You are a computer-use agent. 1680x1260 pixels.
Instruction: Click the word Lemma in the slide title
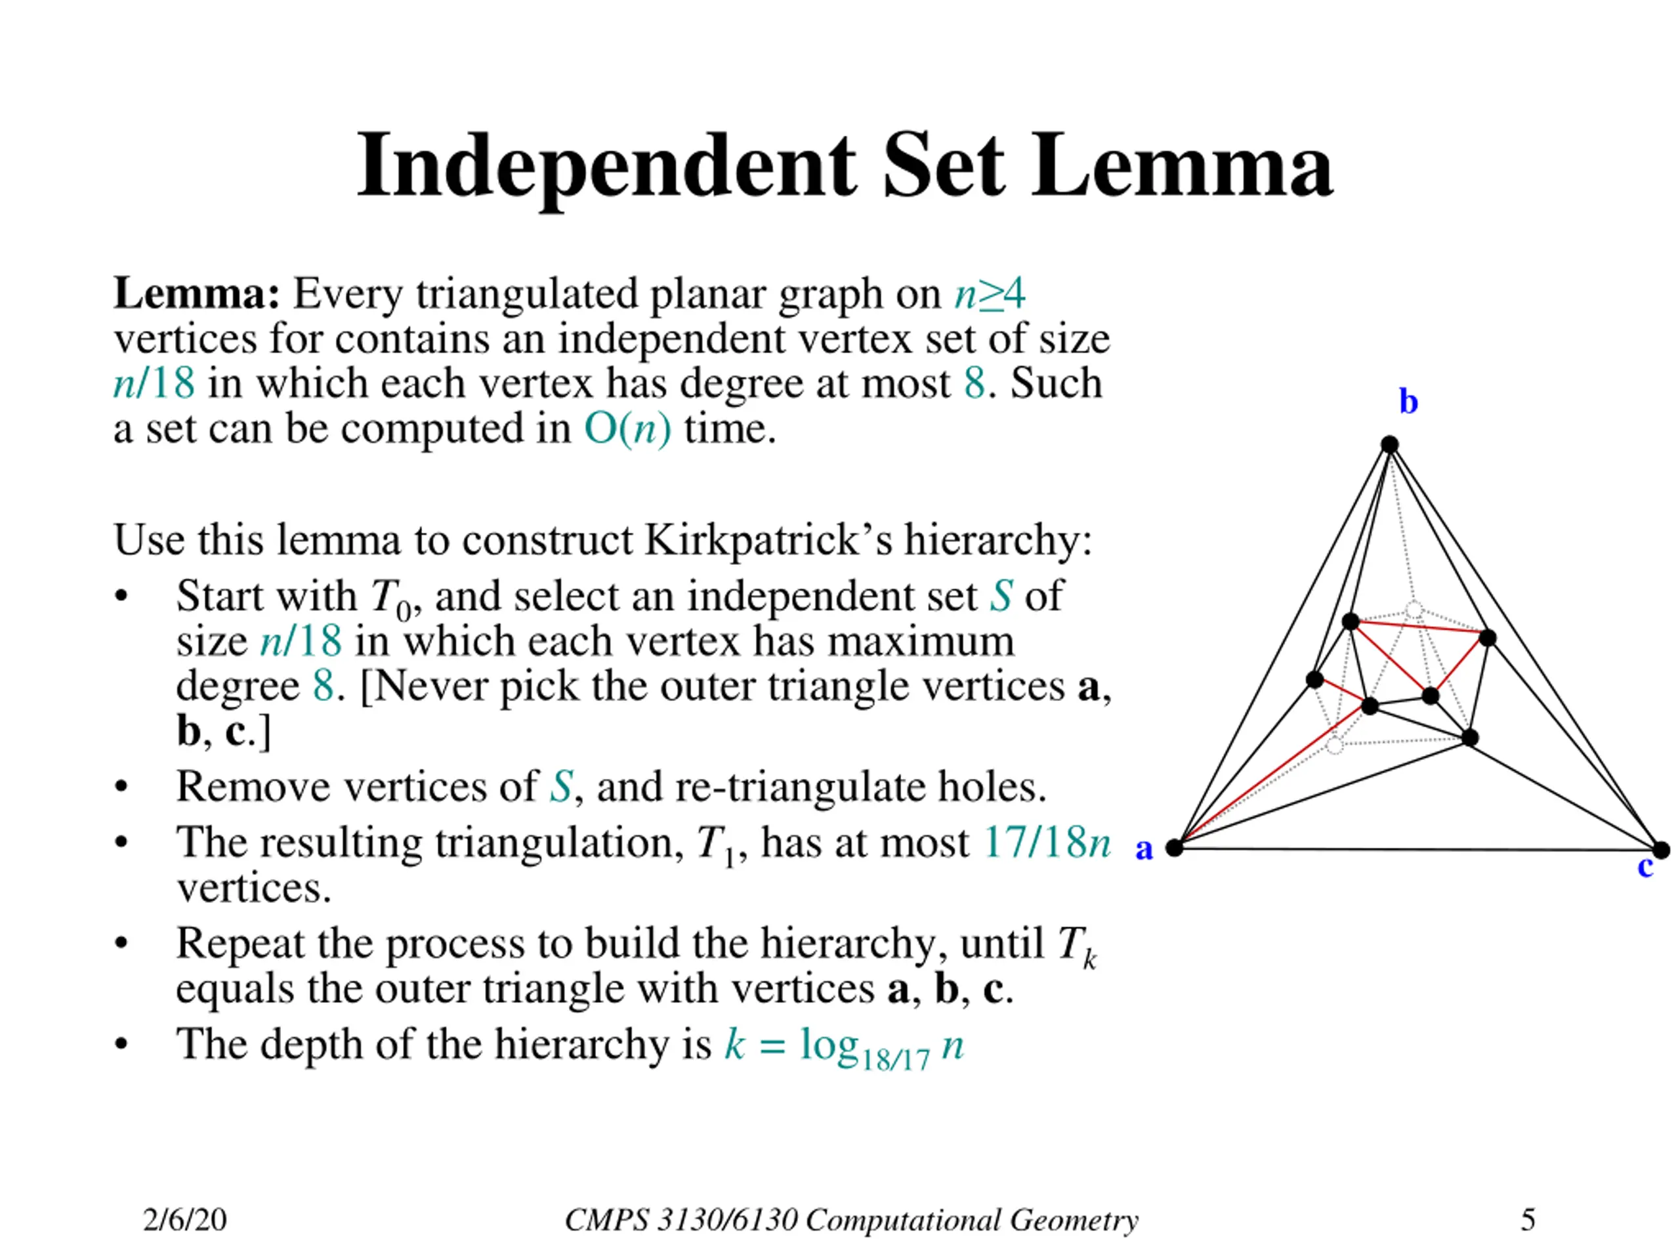point(1181,167)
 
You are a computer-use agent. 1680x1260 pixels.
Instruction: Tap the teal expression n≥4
point(990,294)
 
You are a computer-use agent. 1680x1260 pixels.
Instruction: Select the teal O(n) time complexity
point(627,429)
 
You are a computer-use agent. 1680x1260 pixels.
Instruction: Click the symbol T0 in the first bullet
point(390,598)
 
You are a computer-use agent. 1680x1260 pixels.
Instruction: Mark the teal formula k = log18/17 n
point(843,1046)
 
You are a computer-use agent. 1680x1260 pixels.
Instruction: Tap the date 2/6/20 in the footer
point(184,1220)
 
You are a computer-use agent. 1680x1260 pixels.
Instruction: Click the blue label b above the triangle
point(1408,402)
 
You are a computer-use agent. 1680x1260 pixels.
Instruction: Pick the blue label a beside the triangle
point(1144,849)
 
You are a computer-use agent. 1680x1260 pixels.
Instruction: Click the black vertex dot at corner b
point(1389,444)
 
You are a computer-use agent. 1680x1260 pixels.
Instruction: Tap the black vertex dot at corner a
point(1174,848)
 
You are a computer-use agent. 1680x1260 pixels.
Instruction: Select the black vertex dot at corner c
point(1661,850)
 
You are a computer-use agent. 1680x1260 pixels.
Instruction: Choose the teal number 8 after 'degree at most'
point(975,383)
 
